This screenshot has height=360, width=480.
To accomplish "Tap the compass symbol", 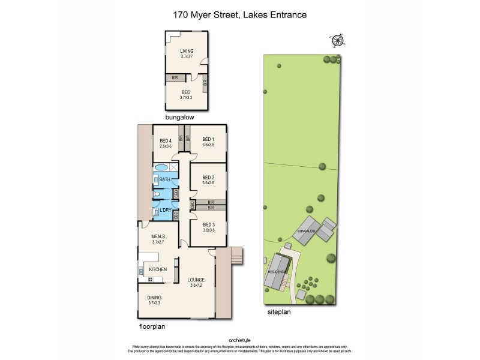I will click(x=338, y=40).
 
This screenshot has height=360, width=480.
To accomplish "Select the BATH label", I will click(x=165, y=179).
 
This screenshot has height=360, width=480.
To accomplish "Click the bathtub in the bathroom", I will click(x=161, y=167).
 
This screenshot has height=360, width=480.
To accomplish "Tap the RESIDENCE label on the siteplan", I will click(x=275, y=272).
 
